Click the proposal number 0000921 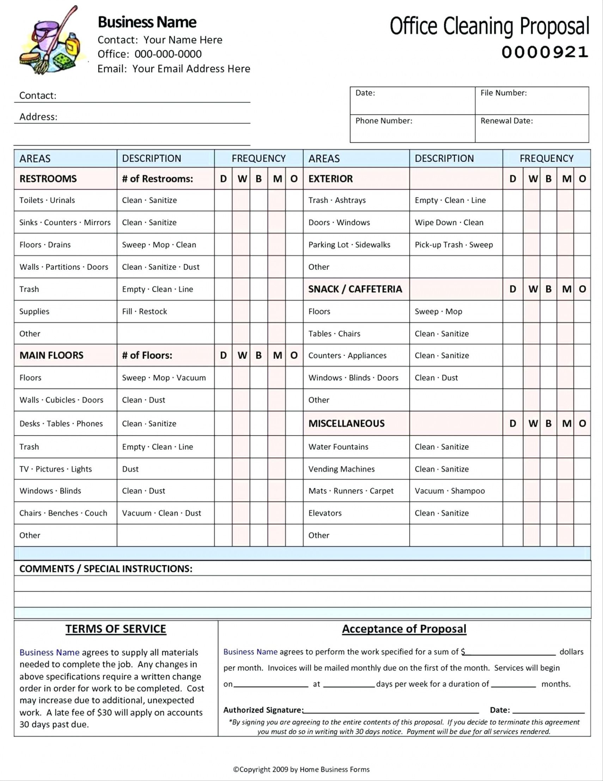[x=544, y=53]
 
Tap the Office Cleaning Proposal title [x=489, y=26]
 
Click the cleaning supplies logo [x=53, y=41]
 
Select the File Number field [x=531, y=101]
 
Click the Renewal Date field [x=531, y=129]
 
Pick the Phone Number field [x=412, y=129]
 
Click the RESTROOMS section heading [x=48, y=179]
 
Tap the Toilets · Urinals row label [x=47, y=200]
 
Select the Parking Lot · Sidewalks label [x=349, y=245]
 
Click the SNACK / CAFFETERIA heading [x=355, y=289]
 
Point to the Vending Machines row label [x=341, y=469]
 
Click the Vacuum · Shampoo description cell [x=449, y=491]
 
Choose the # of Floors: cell [x=147, y=355]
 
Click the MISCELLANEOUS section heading [x=346, y=423]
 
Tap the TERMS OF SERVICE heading [x=116, y=629]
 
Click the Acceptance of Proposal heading [x=404, y=629]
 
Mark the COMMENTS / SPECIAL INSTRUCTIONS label [x=106, y=569]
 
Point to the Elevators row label [x=325, y=513]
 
